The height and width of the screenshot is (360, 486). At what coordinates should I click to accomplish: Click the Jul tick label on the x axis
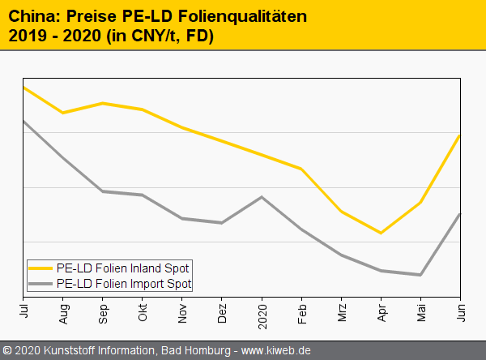(x=23, y=309)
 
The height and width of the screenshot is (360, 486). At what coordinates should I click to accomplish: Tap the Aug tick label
(x=63, y=311)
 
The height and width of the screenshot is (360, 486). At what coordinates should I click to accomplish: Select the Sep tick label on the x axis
(x=103, y=311)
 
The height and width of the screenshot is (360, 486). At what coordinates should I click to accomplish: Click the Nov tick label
(x=182, y=311)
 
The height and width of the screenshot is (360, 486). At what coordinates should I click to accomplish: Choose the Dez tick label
(x=222, y=311)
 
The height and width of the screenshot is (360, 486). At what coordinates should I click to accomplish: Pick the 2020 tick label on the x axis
(x=262, y=312)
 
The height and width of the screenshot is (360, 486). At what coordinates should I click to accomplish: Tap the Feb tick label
(x=301, y=311)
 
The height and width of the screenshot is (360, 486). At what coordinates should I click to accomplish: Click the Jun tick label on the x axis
(x=460, y=309)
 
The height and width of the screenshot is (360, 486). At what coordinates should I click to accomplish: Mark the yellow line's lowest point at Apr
(x=381, y=233)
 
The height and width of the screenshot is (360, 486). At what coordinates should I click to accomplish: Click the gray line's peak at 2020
(x=262, y=197)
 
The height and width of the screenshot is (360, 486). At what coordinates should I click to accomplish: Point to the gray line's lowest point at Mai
(x=420, y=275)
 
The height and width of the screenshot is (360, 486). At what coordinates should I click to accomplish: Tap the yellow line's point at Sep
(x=103, y=103)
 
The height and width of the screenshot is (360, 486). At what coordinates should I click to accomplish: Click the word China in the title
(x=30, y=15)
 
